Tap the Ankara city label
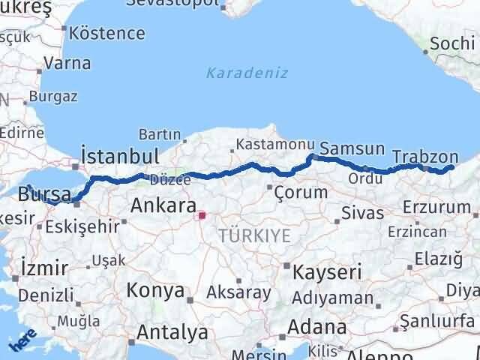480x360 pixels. click(x=163, y=205)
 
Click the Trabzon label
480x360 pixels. click(x=425, y=157)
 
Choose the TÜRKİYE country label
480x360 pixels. click(x=255, y=235)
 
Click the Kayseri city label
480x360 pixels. click(x=327, y=271)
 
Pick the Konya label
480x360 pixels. click(x=155, y=289)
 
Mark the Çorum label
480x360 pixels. click(x=301, y=192)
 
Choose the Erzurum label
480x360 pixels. click(x=430, y=205)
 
